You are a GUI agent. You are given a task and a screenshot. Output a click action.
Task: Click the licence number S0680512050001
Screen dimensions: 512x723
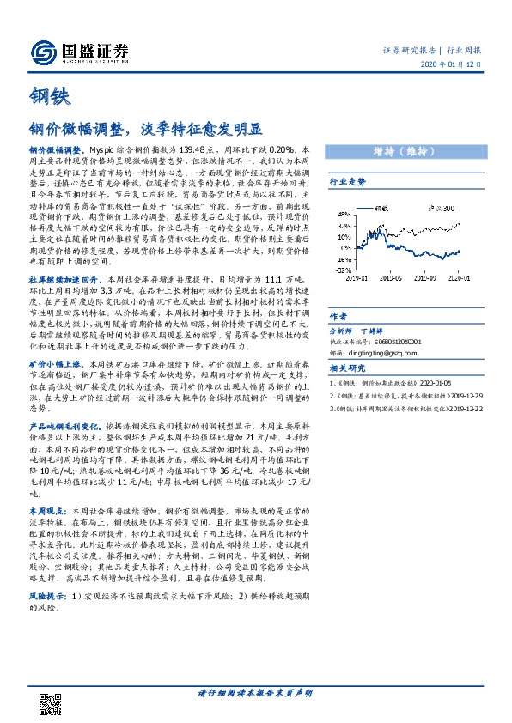click(405, 341)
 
